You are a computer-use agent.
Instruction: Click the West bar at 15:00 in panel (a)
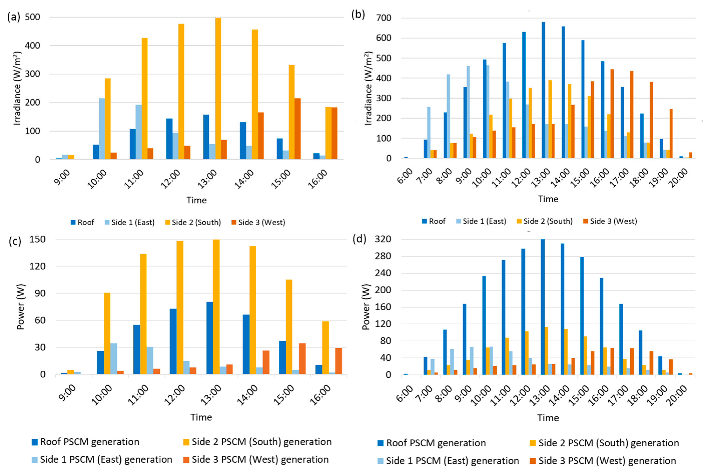pos(298,129)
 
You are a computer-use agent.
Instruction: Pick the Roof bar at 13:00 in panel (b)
pos(543,90)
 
